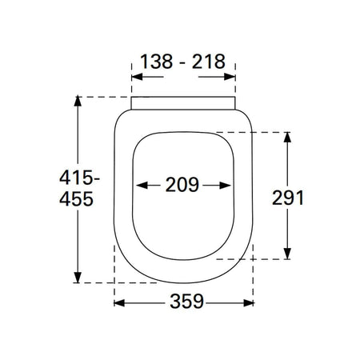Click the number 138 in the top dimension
pyautogui.click(x=156, y=62)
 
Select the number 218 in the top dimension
pyautogui.click(x=209, y=62)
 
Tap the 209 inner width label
pyautogui.click(x=182, y=185)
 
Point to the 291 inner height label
pyautogui.click(x=288, y=198)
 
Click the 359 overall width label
pyautogui.click(x=186, y=302)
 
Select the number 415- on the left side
pyautogui.click(x=79, y=178)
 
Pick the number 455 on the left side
pyautogui.click(x=76, y=199)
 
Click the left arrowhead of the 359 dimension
pyautogui.click(x=119, y=303)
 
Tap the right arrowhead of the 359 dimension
pyautogui.click(x=249, y=303)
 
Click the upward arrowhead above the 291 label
pyautogui.click(x=287, y=137)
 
